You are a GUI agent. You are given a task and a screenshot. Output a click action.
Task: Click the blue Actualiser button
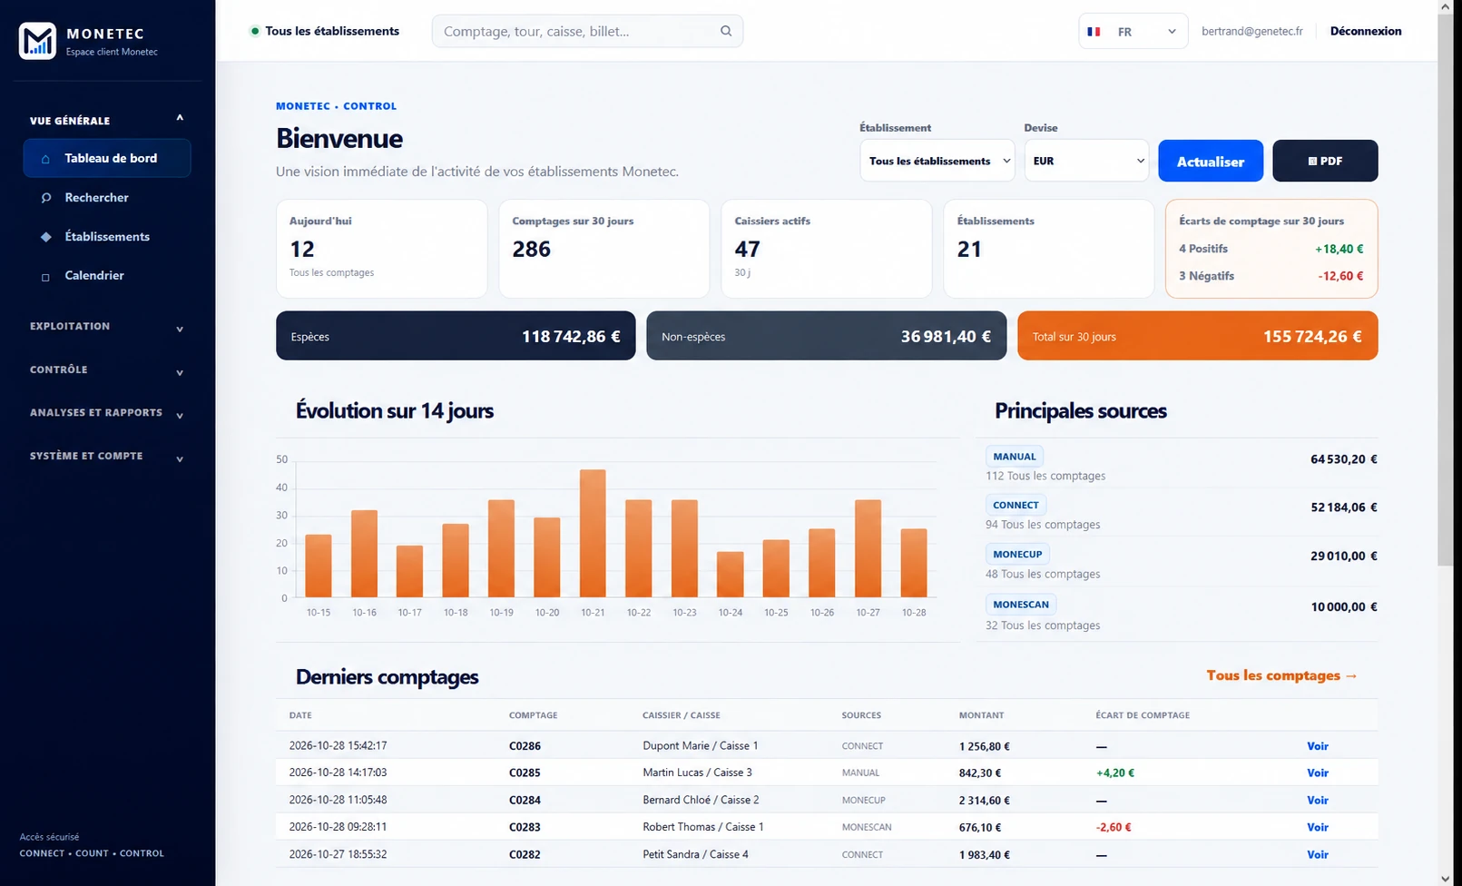(x=1210, y=161)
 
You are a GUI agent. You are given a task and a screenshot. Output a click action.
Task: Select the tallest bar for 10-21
(x=593, y=533)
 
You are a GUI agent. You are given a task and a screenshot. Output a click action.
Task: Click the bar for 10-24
(x=730, y=574)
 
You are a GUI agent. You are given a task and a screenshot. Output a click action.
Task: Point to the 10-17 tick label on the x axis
(x=410, y=613)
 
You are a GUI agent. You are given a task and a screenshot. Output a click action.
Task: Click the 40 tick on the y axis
(x=281, y=487)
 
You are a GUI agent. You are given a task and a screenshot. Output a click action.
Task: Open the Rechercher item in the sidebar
(x=96, y=197)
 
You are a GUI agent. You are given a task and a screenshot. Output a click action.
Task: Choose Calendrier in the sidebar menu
(x=94, y=276)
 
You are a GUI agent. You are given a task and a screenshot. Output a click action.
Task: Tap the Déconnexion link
(x=1366, y=31)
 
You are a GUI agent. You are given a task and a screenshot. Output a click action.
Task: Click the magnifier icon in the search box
(x=726, y=31)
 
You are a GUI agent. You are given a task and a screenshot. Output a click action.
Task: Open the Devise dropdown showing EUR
(x=1086, y=161)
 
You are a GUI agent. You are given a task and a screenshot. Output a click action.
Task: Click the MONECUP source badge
(x=1017, y=554)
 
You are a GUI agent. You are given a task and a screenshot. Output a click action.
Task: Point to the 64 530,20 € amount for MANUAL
(x=1343, y=459)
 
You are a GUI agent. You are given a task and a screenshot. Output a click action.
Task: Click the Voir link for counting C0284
(x=1317, y=800)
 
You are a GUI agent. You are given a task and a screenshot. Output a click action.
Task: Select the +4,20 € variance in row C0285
(x=1114, y=773)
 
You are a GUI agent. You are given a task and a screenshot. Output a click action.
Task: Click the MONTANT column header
(x=981, y=715)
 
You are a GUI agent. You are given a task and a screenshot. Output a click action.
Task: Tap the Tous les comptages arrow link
(x=1281, y=675)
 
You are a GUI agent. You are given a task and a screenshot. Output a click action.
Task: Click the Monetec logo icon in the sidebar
(x=37, y=41)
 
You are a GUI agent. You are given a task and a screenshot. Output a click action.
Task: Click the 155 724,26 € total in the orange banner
(x=1312, y=336)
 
